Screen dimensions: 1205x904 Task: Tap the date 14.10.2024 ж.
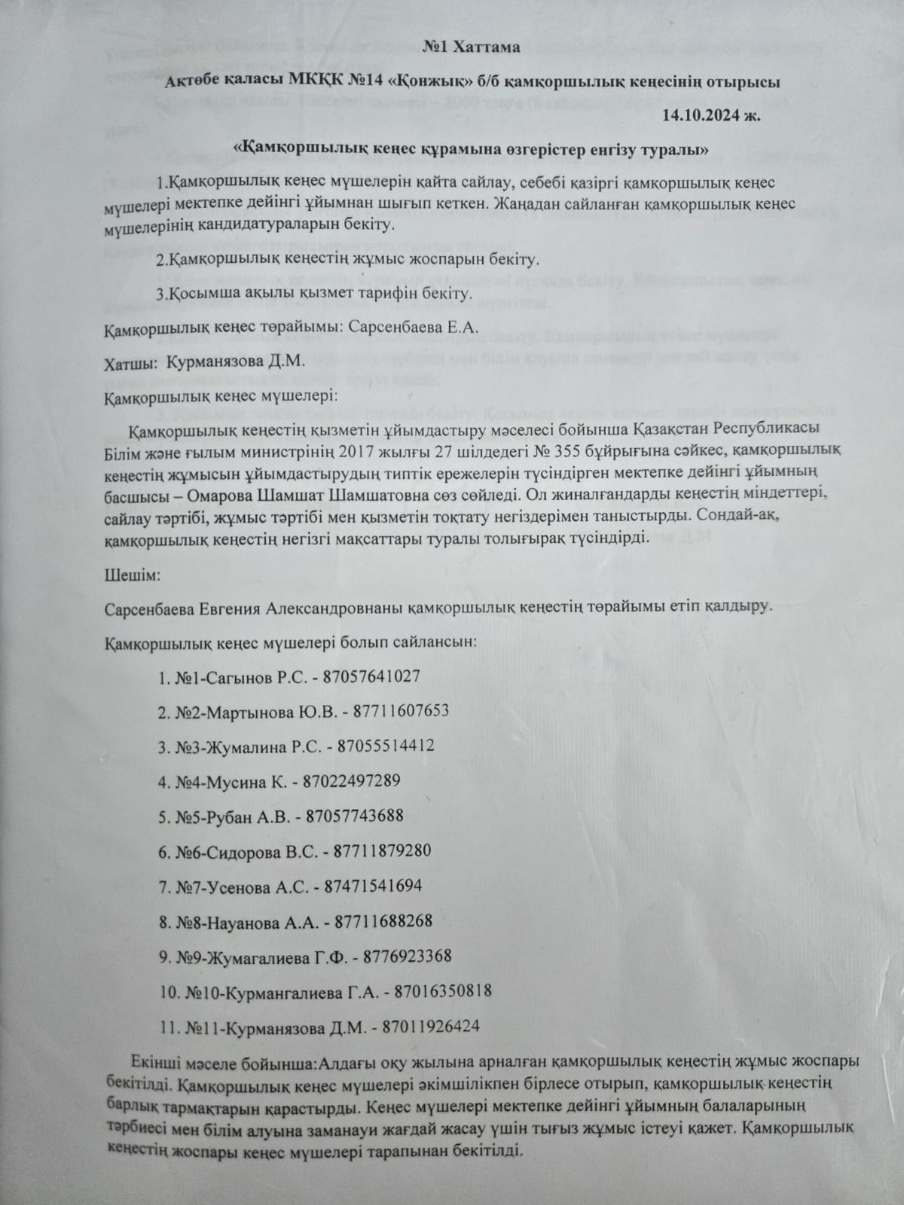click(712, 115)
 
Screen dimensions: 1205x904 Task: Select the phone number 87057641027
click(371, 676)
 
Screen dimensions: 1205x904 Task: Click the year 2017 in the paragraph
click(360, 452)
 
